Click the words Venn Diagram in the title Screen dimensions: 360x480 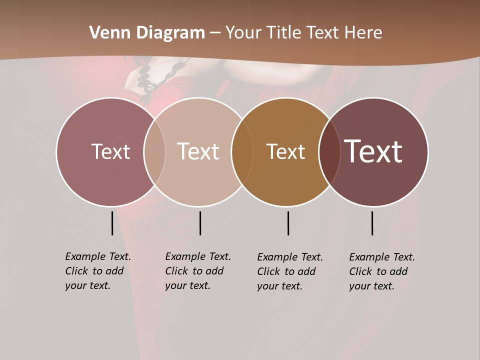pos(147,33)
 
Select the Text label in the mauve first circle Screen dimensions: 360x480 pos(110,151)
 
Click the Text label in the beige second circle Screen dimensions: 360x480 pos(198,151)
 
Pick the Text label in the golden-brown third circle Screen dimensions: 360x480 pos(285,151)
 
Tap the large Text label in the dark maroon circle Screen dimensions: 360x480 pos(373,151)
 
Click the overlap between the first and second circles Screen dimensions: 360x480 pos(154,151)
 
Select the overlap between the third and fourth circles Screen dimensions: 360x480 pos(329,151)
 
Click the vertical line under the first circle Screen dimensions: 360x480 pos(112,223)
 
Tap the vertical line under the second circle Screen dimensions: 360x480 pos(200,223)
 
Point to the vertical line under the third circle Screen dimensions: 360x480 pos(288,223)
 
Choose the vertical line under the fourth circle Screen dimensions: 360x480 pos(372,223)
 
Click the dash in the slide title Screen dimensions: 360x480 pos(215,33)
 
